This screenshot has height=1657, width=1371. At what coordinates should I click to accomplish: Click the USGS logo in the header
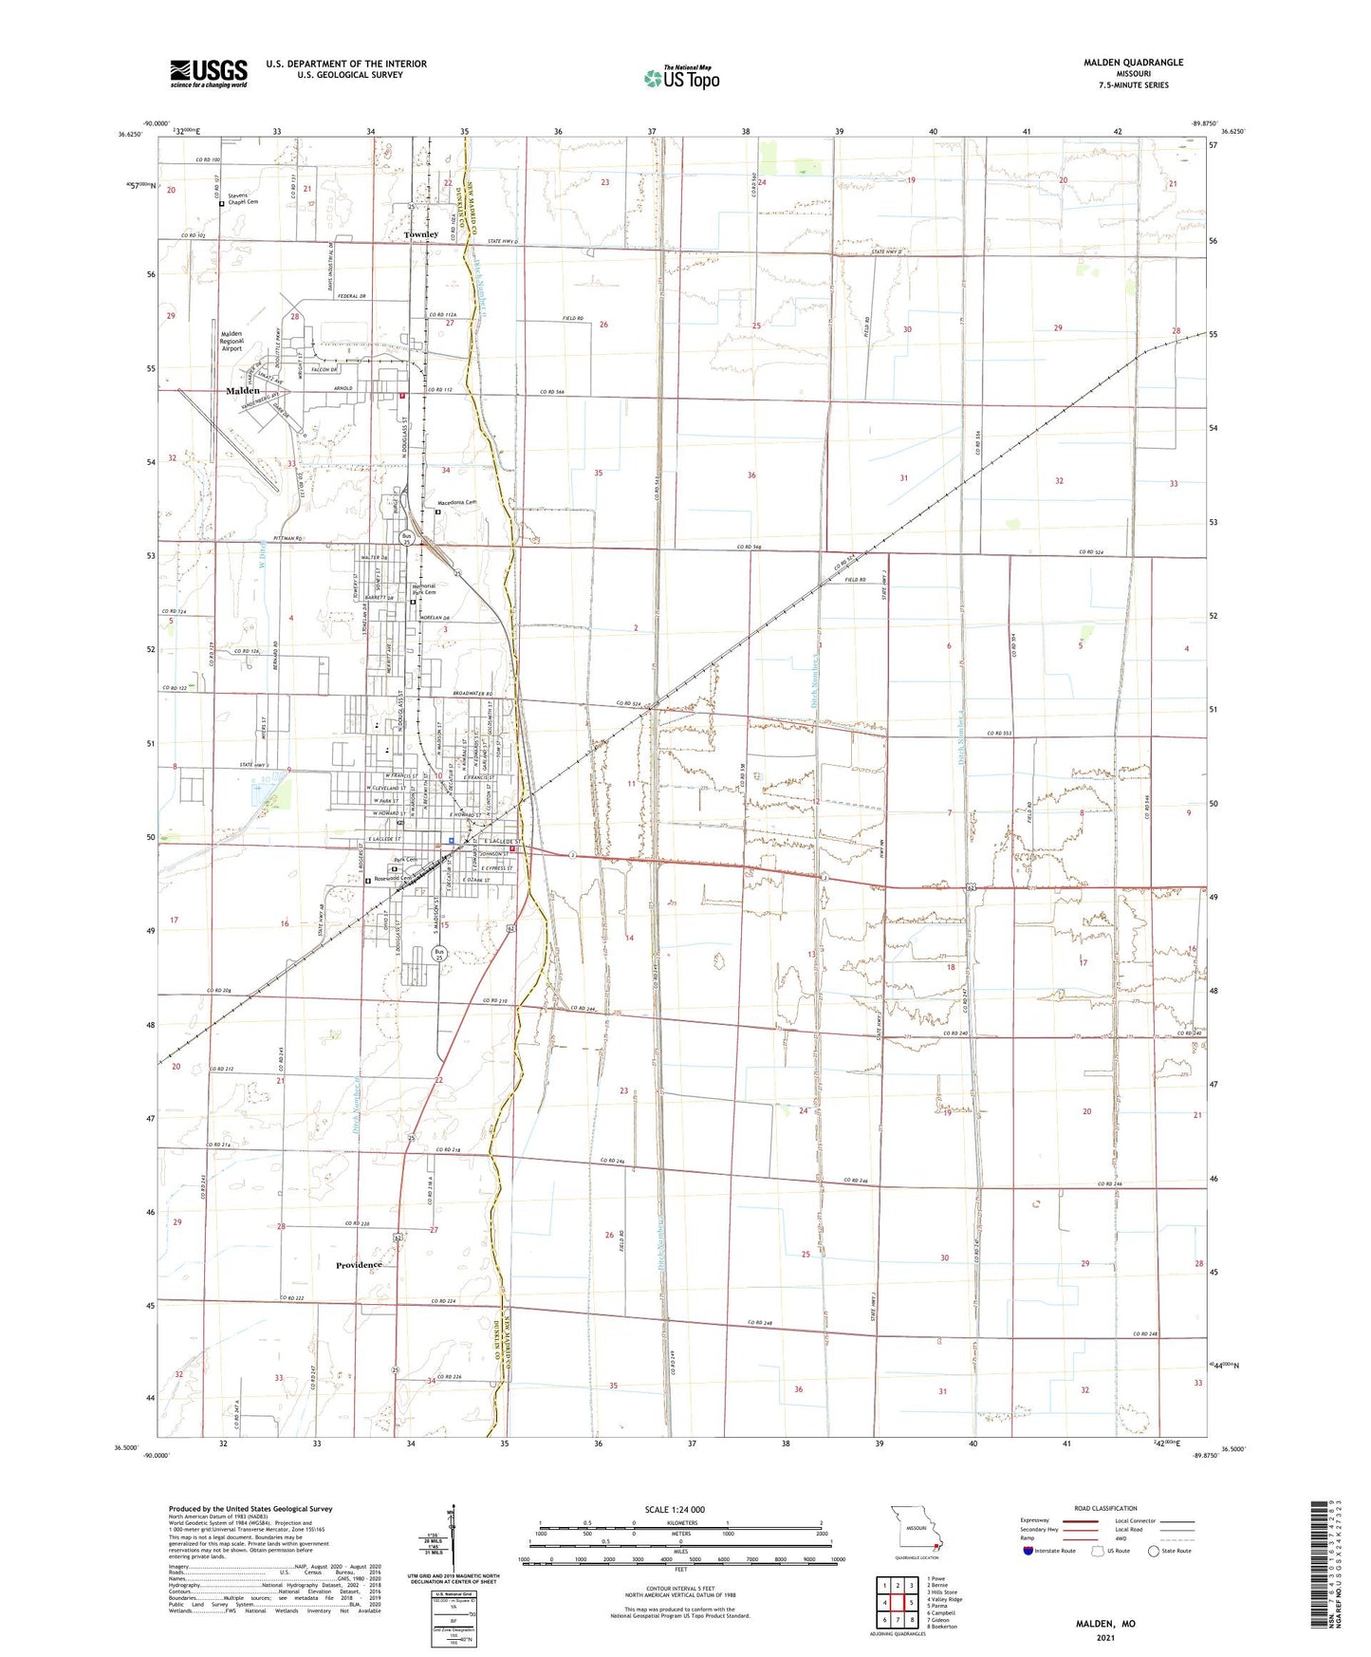[x=209, y=72]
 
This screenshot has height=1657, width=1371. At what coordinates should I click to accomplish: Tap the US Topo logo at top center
[x=680, y=78]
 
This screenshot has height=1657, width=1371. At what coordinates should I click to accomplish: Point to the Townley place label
[x=421, y=234]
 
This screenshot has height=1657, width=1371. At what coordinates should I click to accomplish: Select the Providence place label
[x=359, y=1265]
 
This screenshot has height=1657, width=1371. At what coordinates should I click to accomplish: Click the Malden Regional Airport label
[x=232, y=341]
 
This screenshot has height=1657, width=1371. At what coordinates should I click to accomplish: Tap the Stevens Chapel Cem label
[x=241, y=198]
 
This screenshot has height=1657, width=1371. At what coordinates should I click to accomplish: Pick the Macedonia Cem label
[x=455, y=503]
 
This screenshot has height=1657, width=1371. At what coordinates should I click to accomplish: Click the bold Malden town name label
[x=243, y=391]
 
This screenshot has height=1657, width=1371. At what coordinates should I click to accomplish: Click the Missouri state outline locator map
[x=916, y=1530]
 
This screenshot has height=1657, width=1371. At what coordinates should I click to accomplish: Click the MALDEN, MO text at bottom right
[x=1105, y=1624]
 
